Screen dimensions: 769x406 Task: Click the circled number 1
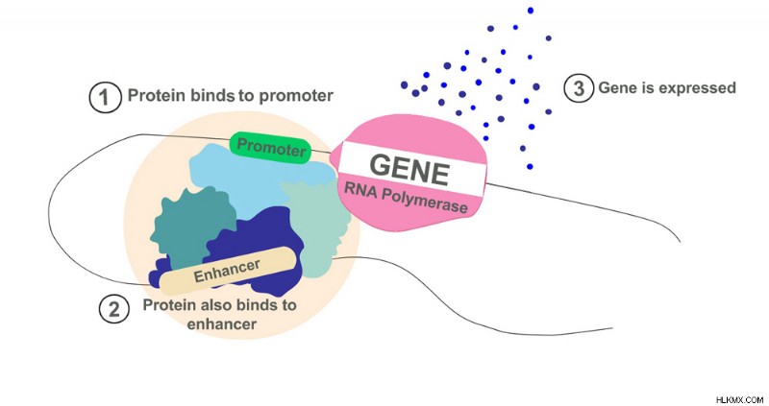tap(105, 97)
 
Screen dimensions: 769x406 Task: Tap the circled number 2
tap(114, 309)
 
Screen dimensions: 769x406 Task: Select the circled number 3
tap(580, 88)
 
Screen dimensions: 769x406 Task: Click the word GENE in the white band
tap(409, 170)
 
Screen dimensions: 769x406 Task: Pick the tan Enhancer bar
tap(228, 271)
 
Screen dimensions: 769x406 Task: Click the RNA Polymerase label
tap(406, 197)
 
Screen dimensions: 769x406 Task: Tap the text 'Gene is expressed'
tap(667, 87)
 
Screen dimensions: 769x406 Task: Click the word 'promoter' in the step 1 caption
tap(296, 95)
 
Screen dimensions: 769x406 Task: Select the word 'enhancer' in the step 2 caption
tap(222, 324)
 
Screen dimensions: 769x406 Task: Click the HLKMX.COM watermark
tap(739, 399)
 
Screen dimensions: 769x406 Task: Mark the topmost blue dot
tap(531, 11)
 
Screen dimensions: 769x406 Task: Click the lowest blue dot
tap(530, 166)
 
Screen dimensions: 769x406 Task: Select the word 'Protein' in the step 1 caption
tap(156, 95)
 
